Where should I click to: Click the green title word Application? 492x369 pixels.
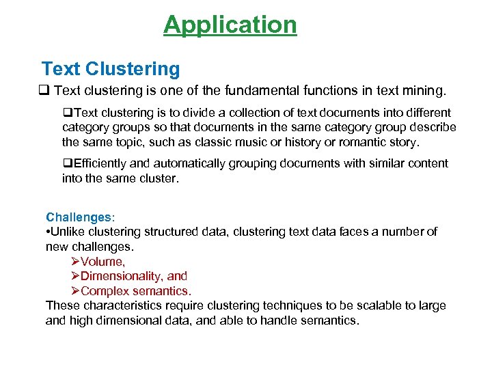(x=230, y=25)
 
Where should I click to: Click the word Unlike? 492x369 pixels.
(x=69, y=232)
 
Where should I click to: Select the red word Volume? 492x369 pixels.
(x=102, y=262)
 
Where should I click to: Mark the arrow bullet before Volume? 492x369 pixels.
(x=75, y=262)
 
